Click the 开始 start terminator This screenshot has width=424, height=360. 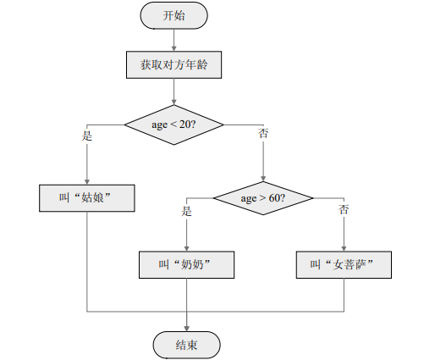coord(173,15)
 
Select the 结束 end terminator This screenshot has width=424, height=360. coord(186,344)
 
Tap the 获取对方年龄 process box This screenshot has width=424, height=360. coord(173,64)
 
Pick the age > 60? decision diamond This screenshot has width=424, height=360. coord(262,198)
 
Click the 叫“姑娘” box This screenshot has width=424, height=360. coord(86,197)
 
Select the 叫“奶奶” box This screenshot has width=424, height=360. coord(186,264)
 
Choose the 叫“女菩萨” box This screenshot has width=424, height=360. coord(344,264)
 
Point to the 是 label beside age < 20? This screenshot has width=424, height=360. coord(86,135)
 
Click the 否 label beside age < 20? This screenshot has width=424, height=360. coord(262,135)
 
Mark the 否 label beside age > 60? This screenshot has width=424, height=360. coord(344,209)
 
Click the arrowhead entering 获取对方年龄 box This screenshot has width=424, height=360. coord(173,47)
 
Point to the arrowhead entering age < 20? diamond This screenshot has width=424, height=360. coord(173,100)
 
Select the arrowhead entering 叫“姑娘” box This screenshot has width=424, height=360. coord(86,180)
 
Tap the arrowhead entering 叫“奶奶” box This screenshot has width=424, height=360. coord(186,247)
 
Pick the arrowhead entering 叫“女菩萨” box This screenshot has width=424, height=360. coord(344,247)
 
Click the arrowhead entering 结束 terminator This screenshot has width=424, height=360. coord(186,327)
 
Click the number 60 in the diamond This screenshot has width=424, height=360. coord(274,198)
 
